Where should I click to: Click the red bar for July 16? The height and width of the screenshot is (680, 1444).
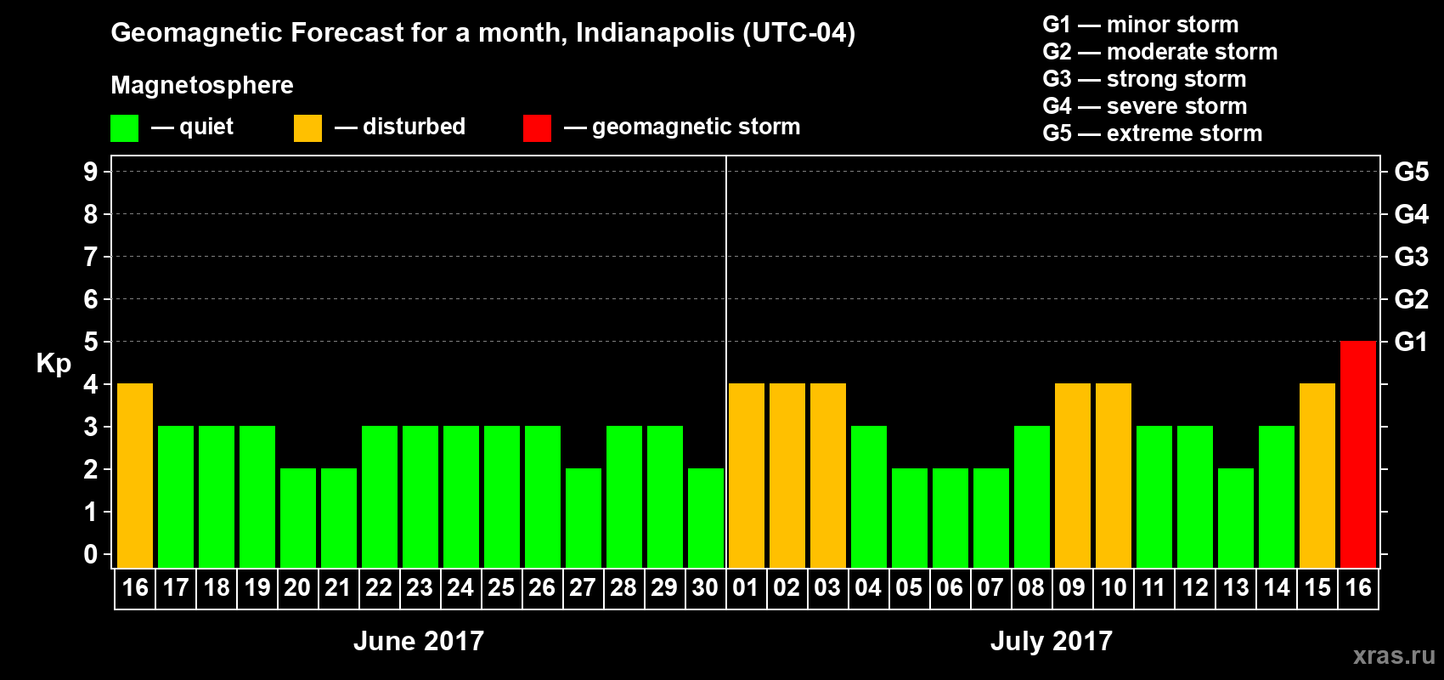coord(1358,454)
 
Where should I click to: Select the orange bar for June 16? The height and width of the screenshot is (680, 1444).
coord(135,475)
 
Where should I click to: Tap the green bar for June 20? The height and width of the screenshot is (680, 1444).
coord(298,518)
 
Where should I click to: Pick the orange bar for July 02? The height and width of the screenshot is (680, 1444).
coord(787,475)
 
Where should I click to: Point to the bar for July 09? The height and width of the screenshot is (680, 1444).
coord(1073,475)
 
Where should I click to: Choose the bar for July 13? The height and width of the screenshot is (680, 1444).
coord(1236,518)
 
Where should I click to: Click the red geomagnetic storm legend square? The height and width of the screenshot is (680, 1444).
coord(537,128)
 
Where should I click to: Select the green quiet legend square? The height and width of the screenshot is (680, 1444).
coord(125,128)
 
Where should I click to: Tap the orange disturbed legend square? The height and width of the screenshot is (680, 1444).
coord(307,128)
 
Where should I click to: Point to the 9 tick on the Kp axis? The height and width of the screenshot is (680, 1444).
coord(91,172)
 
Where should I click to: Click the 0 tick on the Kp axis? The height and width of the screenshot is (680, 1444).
coord(91,554)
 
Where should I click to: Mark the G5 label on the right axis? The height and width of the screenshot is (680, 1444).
coord(1411,172)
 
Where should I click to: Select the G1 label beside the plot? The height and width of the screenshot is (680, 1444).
coord(1411,342)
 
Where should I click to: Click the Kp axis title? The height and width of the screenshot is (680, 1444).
coord(54,363)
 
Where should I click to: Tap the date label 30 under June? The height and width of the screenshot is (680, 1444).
coord(705,587)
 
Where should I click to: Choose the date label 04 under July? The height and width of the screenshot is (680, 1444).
coord(868,587)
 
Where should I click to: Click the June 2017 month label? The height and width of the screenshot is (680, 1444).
coord(419,641)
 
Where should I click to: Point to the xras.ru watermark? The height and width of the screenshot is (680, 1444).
coord(1394,655)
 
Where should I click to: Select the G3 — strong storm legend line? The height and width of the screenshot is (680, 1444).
coord(1144,79)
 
